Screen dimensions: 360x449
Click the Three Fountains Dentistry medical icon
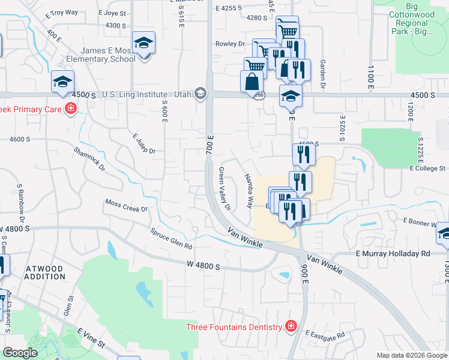291,326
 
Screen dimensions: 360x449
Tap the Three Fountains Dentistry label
234,327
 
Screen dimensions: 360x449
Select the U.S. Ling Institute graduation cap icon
200,93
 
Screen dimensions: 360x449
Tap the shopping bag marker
252,81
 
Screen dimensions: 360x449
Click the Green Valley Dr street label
224,188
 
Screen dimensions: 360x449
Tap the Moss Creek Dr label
127,206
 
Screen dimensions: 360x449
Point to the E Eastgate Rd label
325,334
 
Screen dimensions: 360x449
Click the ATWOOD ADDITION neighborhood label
45,272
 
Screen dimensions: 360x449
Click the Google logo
20,353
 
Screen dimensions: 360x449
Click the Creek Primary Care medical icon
71,109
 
